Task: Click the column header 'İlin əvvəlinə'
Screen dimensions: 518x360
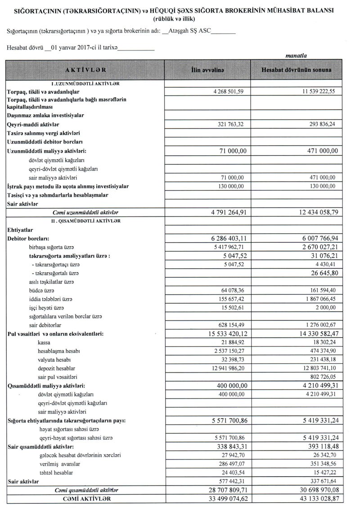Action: coord(208,71)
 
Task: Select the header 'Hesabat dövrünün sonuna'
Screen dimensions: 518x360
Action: coord(297,71)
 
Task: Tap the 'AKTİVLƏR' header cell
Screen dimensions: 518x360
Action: coord(85,71)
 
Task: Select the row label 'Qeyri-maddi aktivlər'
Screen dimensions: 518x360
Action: coord(34,124)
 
